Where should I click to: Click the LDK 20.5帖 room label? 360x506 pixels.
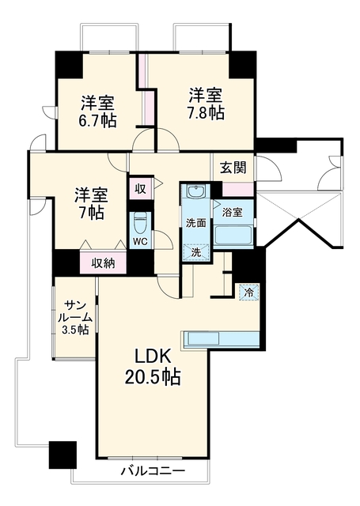tap(153, 366)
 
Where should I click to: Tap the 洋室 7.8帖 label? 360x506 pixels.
tap(206, 104)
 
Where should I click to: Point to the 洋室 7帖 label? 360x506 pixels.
tap(92, 203)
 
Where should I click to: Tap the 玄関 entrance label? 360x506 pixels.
tap(233, 168)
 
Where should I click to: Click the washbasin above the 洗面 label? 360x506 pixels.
tap(195, 193)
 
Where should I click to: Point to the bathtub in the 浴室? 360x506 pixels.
tap(233, 236)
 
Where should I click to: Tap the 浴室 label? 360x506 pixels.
tap(233, 213)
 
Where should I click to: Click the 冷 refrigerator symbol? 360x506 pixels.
tap(249, 293)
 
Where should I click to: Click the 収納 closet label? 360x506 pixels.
tap(103, 263)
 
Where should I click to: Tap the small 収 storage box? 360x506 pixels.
tap(140, 189)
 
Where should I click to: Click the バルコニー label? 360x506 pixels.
tap(153, 471)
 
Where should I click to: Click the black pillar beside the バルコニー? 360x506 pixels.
tap(63, 455)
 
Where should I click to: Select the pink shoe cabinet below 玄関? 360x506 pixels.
tap(238, 190)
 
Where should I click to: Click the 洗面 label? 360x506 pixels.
tap(196, 223)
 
